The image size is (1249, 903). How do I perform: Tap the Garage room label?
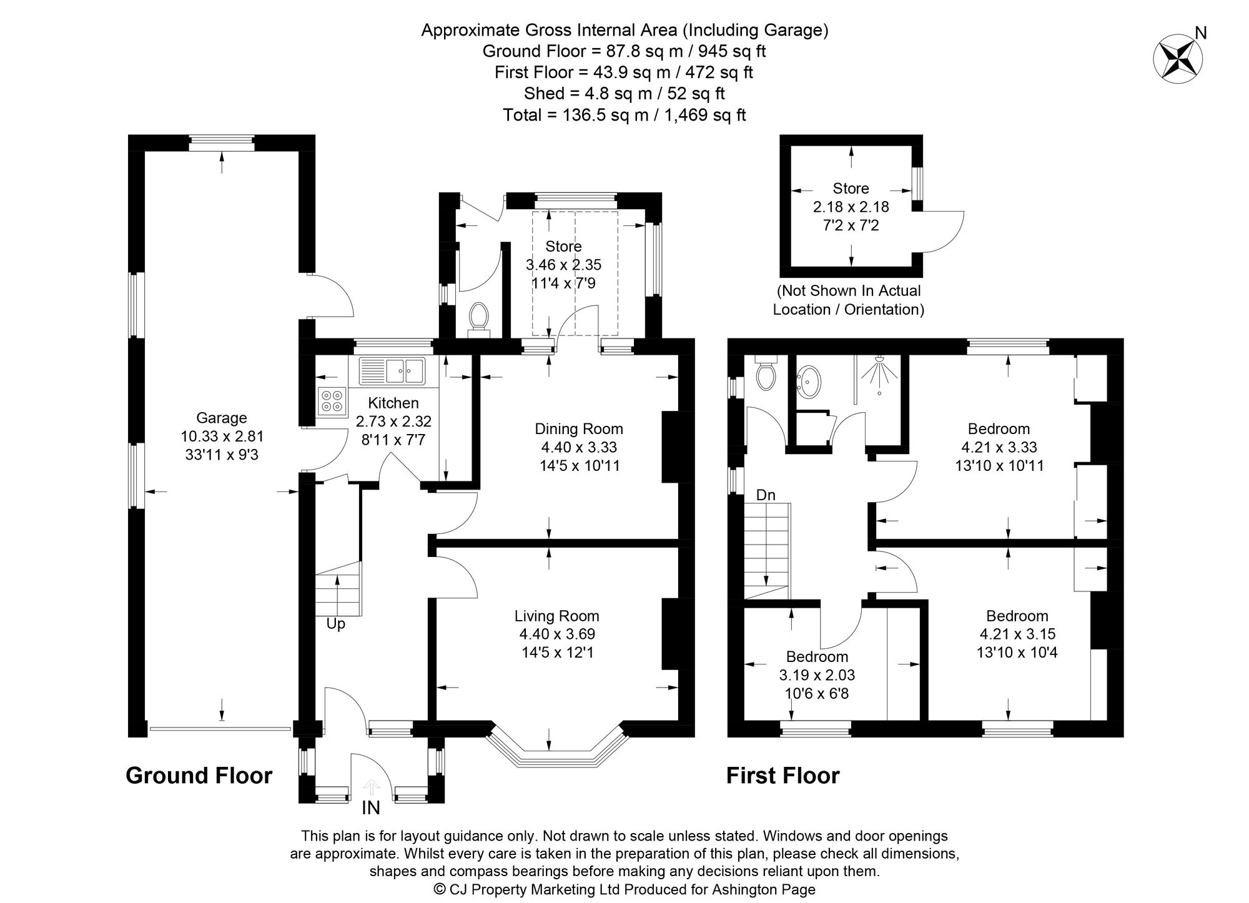(x=221, y=418)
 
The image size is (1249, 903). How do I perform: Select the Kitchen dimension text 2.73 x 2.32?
(x=393, y=422)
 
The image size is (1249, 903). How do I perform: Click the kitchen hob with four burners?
(x=332, y=401)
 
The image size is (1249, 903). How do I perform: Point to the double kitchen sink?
(x=392, y=371)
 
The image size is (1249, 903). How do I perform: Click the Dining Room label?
(x=579, y=429)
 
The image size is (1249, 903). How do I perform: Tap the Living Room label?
(x=556, y=616)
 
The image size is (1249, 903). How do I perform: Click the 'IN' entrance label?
(x=371, y=808)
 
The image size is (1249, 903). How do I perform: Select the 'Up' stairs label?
(x=335, y=624)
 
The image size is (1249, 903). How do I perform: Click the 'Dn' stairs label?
(x=766, y=495)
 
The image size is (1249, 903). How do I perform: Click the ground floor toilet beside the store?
(x=480, y=317)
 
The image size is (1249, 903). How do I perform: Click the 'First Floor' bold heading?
(x=782, y=776)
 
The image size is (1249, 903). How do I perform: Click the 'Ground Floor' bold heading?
(x=199, y=776)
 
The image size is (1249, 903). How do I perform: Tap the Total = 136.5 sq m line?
(x=624, y=115)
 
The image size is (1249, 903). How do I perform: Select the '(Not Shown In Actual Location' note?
(x=849, y=291)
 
